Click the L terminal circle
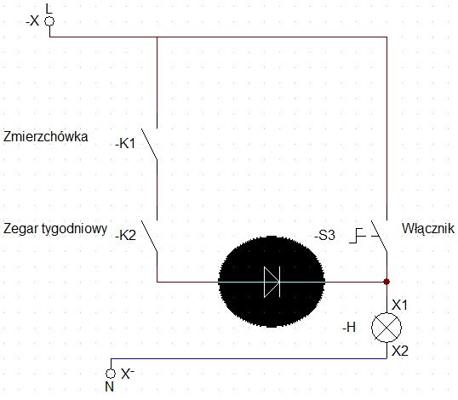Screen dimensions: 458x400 pos(49,21)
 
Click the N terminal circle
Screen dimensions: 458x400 pos(111,374)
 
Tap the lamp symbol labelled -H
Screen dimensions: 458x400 pos(386,328)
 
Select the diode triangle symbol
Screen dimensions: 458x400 pos(272,282)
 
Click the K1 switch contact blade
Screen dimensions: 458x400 pos(149,144)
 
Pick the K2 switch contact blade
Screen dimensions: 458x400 pos(149,236)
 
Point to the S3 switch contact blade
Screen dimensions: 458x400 pos(379,236)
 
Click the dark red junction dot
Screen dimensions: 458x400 pos(386,282)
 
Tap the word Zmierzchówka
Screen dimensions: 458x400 pos(46,137)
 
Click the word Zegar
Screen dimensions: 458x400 pos(22,228)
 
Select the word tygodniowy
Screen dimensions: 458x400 pos(75,229)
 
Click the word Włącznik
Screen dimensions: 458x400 pos(428,229)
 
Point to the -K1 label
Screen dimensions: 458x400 pos(125,144)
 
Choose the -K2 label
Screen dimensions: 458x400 pos(126,236)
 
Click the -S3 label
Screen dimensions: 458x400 pos(324,236)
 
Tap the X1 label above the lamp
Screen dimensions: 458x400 pos(399,306)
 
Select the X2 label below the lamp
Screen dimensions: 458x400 pos(400,351)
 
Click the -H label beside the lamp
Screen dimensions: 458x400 pos(349,328)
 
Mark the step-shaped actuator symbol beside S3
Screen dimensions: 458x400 pos(358,236)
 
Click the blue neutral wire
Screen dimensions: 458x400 pos(249,358)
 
